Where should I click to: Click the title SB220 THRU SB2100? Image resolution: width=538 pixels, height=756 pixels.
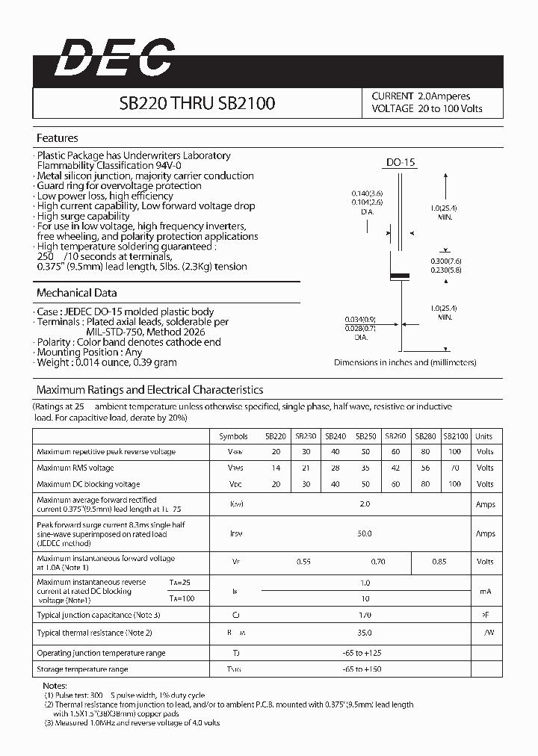[x=197, y=104]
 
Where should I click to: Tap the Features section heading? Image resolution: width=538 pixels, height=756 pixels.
[x=58, y=138]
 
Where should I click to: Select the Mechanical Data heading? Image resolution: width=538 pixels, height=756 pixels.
[x=76, y=293]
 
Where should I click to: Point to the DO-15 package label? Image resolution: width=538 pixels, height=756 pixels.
[x=401, y=162]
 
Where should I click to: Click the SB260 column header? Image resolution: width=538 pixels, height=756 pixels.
[x=395, y=436]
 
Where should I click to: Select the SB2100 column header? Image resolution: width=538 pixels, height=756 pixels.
[x=455, y=436]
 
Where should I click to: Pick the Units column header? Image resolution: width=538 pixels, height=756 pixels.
[x=484, y=436]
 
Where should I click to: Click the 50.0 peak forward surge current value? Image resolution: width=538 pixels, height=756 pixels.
[x=365, y=534]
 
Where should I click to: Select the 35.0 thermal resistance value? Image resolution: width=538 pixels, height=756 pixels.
[x=365, y=632]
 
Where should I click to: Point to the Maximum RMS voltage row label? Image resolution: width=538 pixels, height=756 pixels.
[x=75, y=468]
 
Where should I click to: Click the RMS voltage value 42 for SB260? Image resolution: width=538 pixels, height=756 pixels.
[x=395, y=468]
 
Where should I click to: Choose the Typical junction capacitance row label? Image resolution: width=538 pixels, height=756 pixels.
[x=99, y=615]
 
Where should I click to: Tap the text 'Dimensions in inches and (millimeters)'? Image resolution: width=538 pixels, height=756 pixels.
[x=405, y=362]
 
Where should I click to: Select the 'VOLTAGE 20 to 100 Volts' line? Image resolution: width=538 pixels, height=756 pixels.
[x=427, y=109]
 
